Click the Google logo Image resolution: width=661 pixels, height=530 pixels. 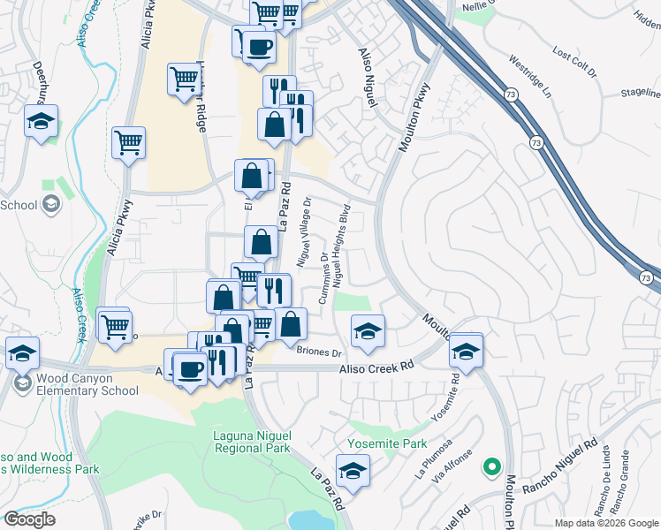coord(29,519)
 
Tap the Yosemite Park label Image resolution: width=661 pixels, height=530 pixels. coord(387,443)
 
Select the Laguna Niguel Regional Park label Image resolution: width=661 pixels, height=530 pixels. coord(252,442)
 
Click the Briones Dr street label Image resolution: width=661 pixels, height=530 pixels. coord(319,352)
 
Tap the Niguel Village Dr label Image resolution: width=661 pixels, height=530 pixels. coord(304,233)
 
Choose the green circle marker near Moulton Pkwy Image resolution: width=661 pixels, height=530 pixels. coord(491,466)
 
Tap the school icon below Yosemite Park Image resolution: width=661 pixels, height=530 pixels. coord(353,471)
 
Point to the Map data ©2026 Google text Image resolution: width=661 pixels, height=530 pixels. coord(605,523)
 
